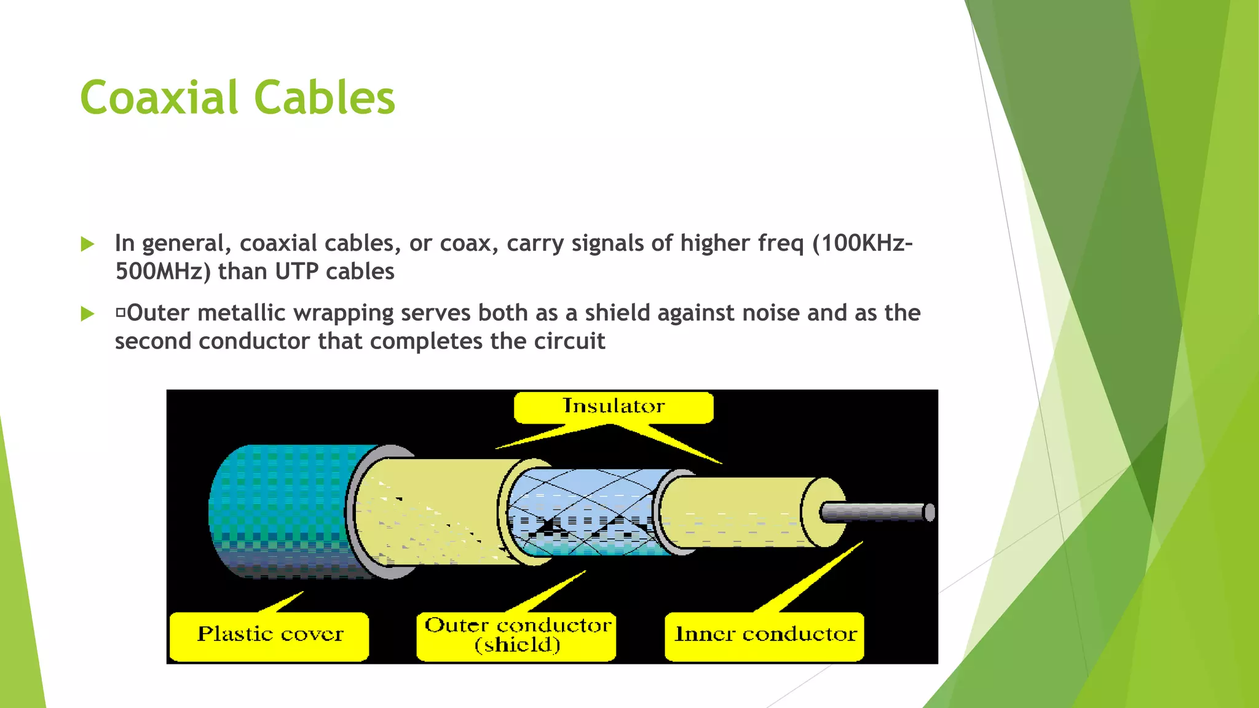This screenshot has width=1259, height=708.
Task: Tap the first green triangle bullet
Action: [x=88, y=245]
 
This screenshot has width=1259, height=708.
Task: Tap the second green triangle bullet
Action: [x=88, y=314]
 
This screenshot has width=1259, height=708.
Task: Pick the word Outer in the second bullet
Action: [x=158, y=313]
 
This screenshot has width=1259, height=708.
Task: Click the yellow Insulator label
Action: [x=614, y=407]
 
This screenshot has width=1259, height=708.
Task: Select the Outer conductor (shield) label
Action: [x=517, y=635]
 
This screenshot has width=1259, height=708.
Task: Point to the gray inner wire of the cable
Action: [x=876, y=512]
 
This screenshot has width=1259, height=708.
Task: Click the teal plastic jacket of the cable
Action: [x=283, y=510]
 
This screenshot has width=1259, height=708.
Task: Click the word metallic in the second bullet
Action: [x=242, y=313]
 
